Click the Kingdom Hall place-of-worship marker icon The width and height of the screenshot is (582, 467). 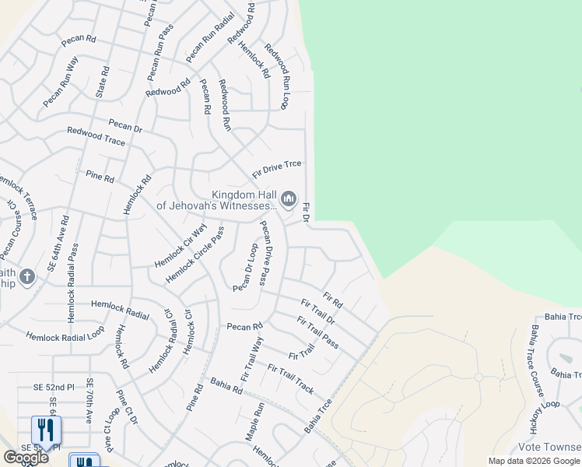[289, 200]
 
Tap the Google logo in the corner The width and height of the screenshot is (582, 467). [25, 458]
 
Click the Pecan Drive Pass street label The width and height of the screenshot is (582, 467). [266, 253]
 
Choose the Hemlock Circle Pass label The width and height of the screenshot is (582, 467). [195, 255]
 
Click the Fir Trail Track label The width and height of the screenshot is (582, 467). [291, 378]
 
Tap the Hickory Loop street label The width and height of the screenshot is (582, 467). [544, 417]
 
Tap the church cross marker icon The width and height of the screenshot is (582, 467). [26, 277]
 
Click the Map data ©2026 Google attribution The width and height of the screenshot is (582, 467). [535, 461]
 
